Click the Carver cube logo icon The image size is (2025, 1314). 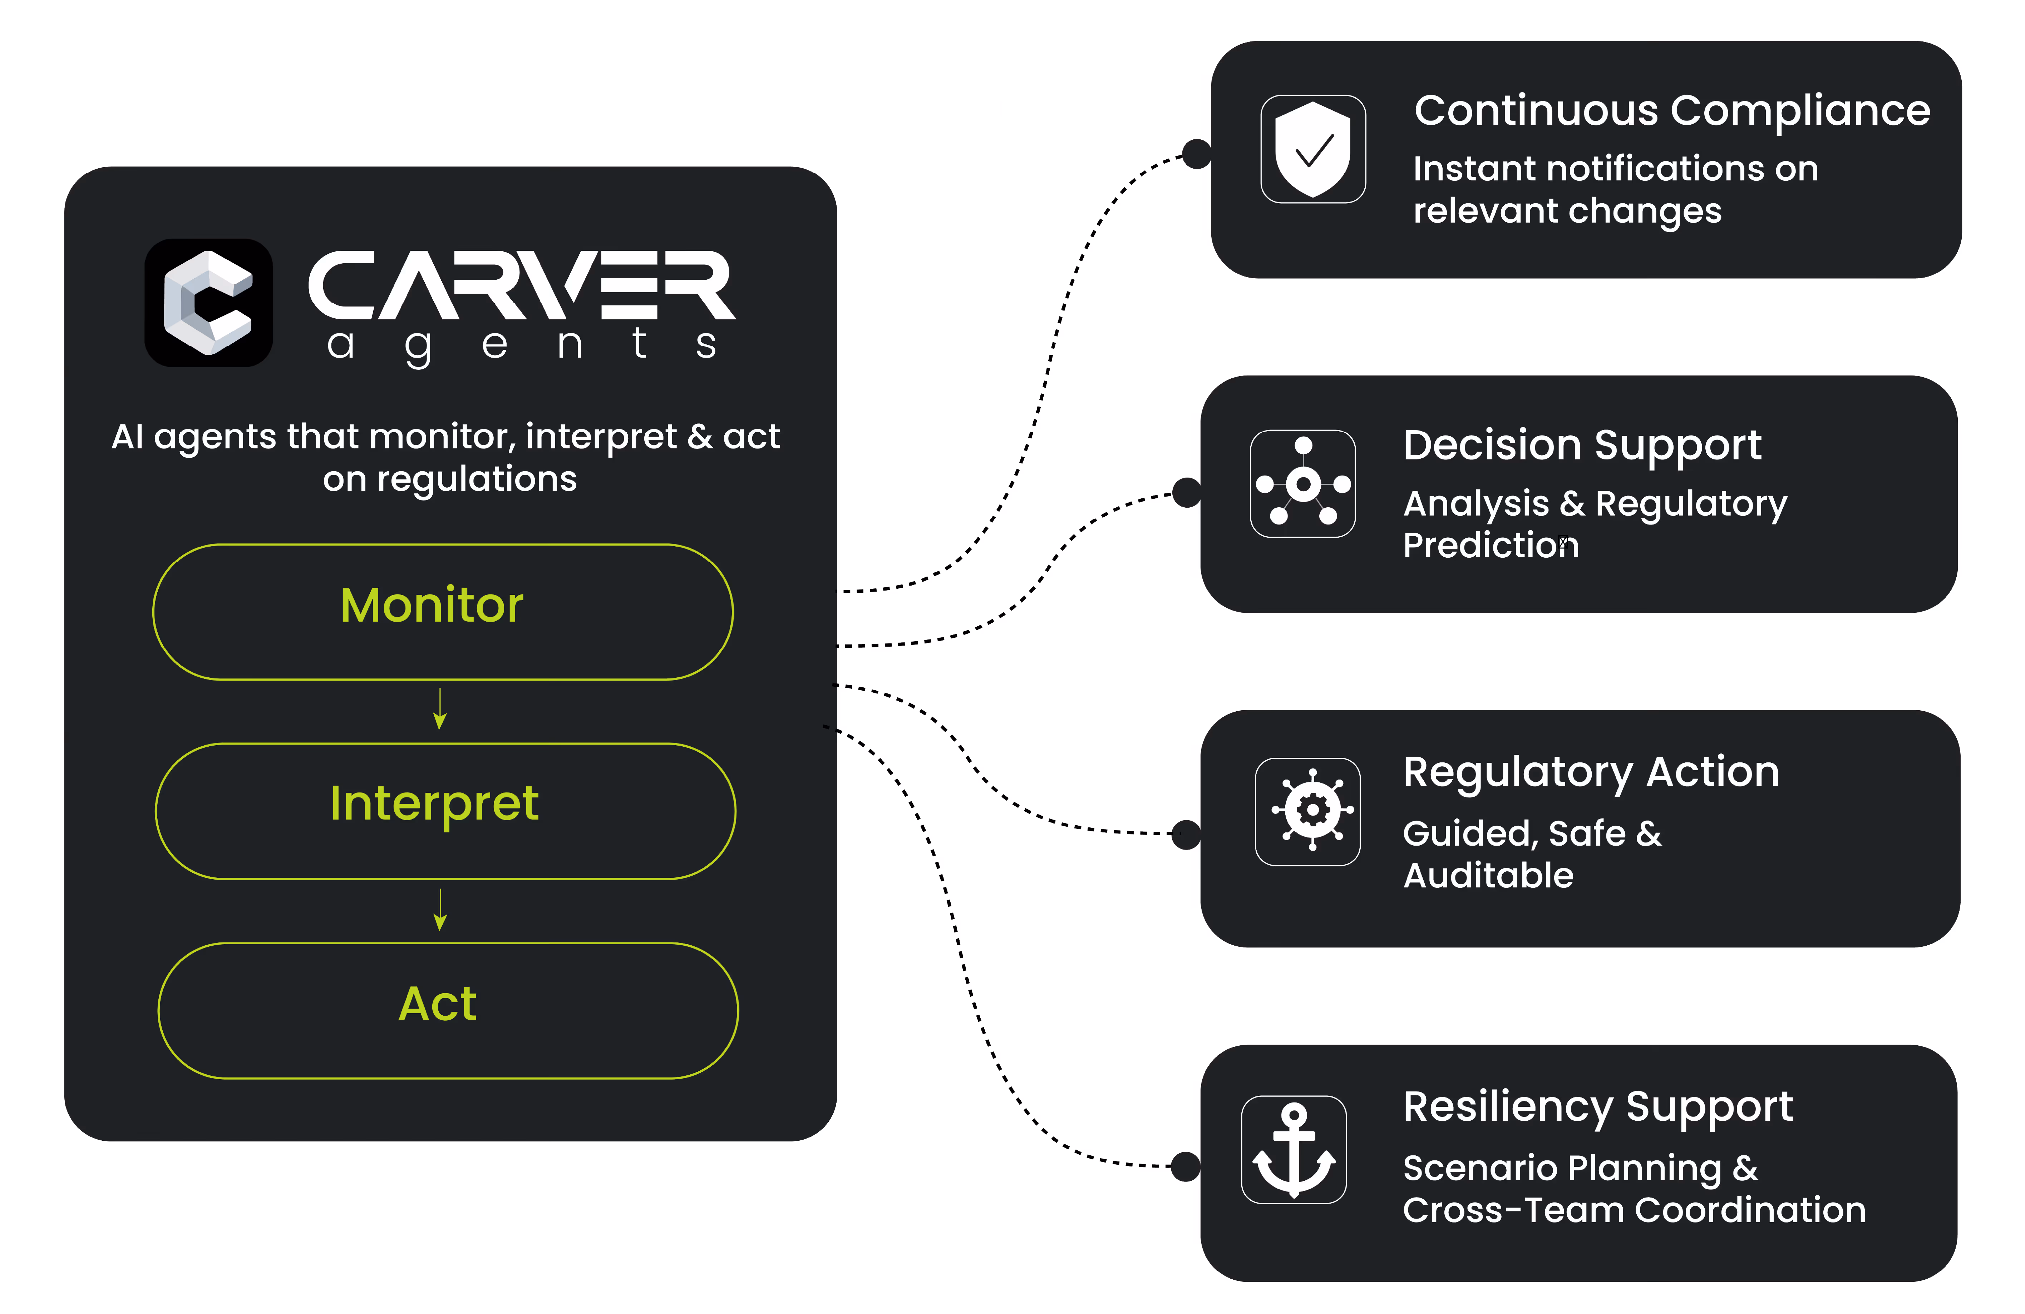pos(208,303)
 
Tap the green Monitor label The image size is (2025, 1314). pos(432,606)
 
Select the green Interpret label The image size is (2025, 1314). pos(434,804)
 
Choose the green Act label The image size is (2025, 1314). pos(437,1004)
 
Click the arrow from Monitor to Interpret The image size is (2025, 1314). pos(440,708)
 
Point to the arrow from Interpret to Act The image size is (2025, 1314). pos(440,909)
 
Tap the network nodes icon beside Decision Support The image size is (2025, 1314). pos(1303,484)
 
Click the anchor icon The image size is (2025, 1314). pos(1293,1149)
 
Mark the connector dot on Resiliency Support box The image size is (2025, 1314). pos(1185,1166)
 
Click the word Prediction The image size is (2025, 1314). pos(1491,545)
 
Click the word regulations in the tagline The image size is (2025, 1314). pos(477,479)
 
